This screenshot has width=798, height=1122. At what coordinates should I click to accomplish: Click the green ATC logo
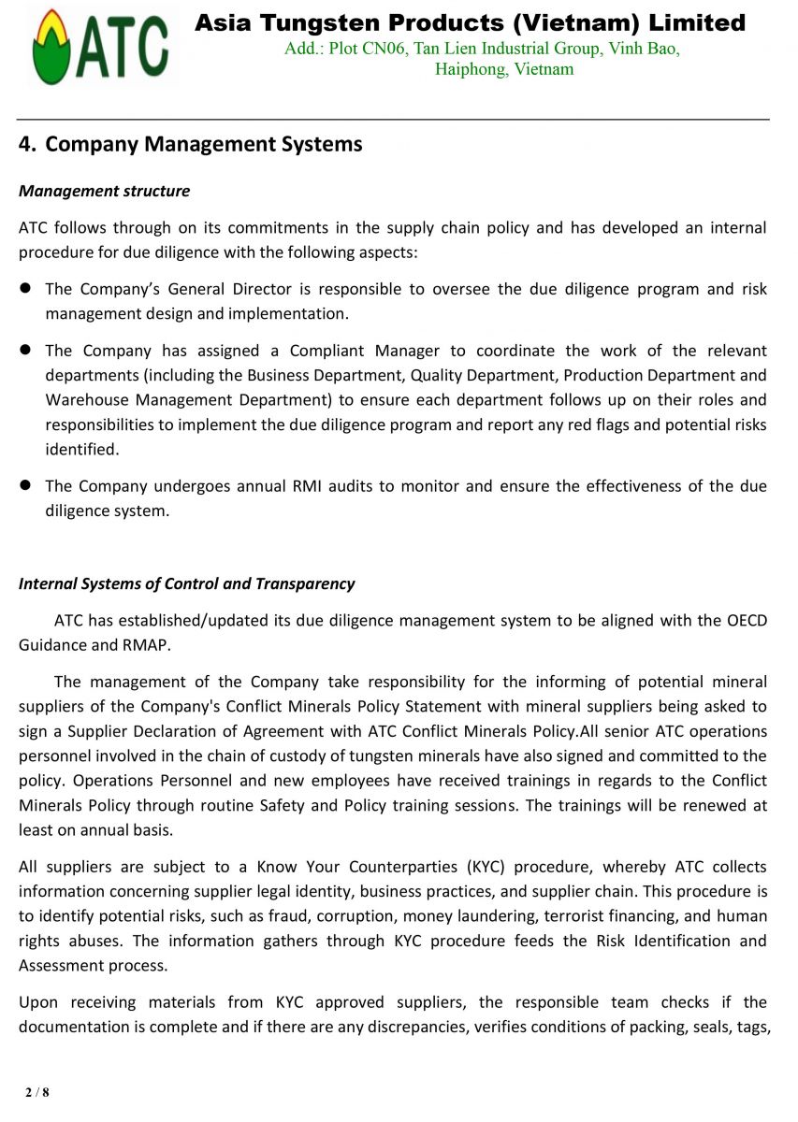100,47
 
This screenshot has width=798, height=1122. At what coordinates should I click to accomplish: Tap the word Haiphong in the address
471,69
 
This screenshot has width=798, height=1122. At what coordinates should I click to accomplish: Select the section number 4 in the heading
25,145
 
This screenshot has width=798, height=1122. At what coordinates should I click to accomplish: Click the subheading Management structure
104,191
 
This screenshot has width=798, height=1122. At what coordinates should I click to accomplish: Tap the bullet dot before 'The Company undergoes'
26,485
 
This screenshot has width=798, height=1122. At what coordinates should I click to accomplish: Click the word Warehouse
86,400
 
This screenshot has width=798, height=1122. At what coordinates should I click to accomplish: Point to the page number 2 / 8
37,1092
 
